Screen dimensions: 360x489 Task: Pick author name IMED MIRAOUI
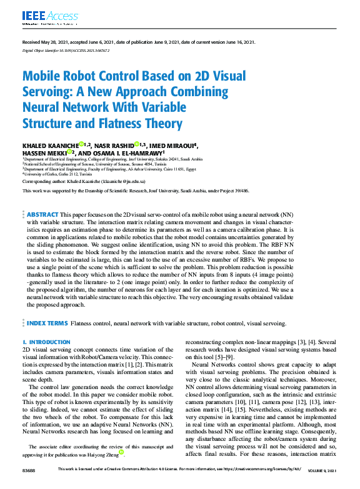pos(174,146)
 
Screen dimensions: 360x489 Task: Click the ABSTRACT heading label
pos(42,214)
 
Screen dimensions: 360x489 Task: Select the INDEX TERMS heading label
pos(47,324)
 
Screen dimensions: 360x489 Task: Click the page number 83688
pos(29,486)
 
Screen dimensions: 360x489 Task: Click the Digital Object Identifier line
pos(66,49)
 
